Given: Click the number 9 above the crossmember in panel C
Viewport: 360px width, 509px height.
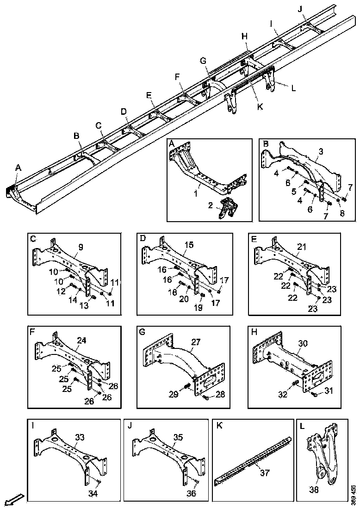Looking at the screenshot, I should click(x=81, y=248).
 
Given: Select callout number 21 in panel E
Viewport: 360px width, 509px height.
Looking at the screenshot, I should click(x=302, y=248).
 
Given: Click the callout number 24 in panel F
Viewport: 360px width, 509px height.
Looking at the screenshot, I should click(x=81, y=341).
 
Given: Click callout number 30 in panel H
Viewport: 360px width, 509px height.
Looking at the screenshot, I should click(x=303, y=343).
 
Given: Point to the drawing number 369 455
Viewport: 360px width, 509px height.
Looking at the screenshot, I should click(x=354, y=494).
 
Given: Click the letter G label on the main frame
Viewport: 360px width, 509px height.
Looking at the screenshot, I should click(x=203, y=61).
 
